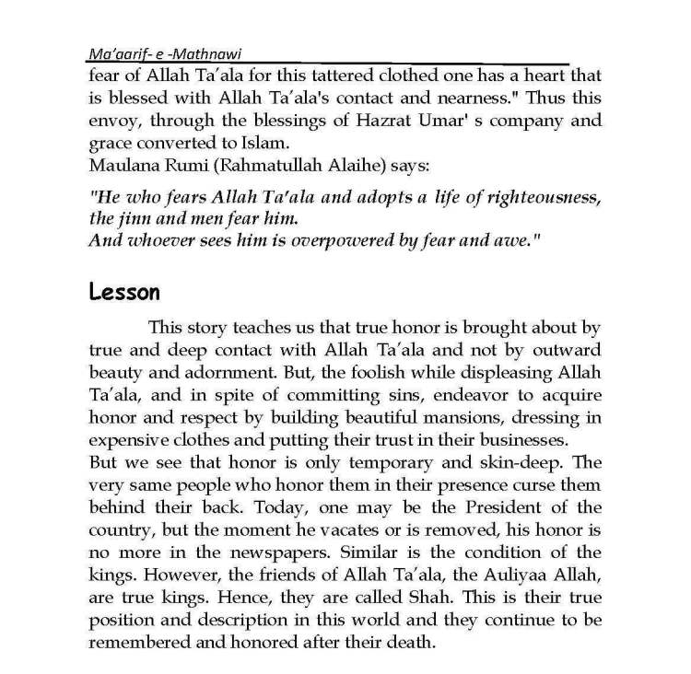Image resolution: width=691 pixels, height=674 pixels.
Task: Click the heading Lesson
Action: click(x=124, y=293)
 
